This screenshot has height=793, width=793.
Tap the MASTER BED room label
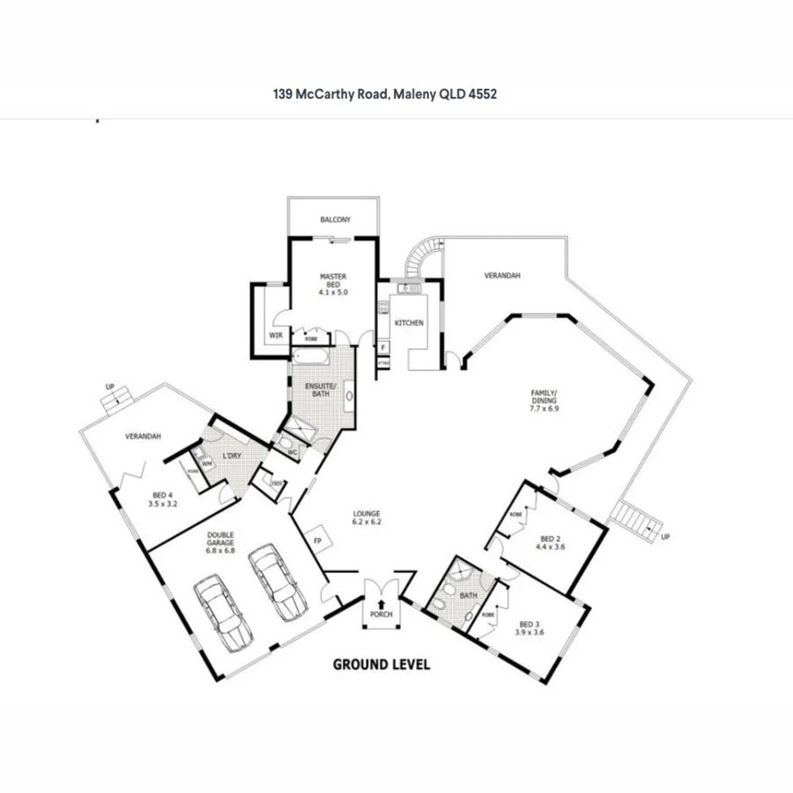333,284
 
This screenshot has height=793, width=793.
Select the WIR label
275,336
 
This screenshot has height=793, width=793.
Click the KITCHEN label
409,323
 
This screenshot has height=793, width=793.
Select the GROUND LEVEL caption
381,664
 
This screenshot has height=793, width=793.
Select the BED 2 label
550,542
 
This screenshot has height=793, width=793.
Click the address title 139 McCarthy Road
385,93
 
